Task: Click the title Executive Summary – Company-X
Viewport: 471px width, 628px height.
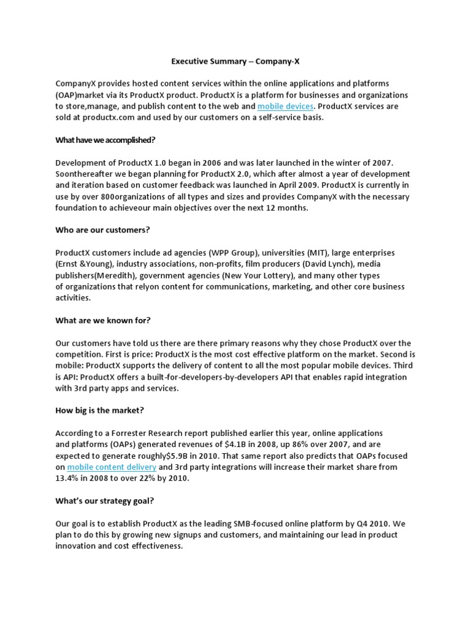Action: click(235, 61)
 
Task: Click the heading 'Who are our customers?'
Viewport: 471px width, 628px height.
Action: click(102, 230)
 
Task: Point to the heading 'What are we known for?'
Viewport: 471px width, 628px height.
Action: click(102, 320)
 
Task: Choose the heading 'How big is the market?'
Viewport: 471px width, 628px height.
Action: click(99, 410)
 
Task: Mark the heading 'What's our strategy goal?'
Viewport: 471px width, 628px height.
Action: click(104, 500)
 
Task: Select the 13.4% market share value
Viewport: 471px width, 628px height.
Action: click(68, 478)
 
